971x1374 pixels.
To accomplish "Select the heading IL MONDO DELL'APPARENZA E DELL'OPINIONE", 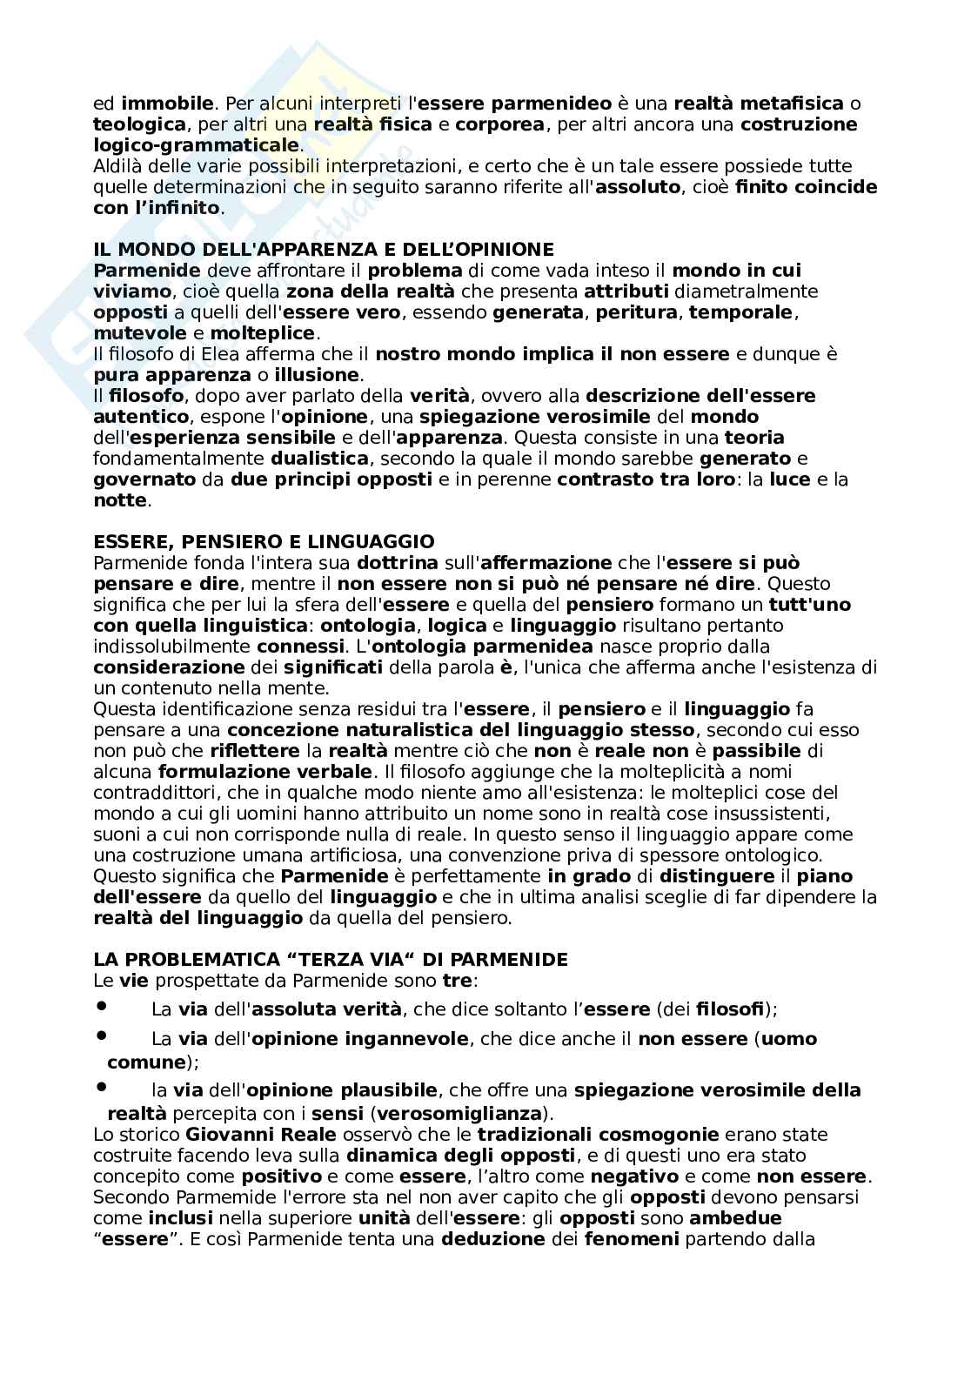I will (x=323, y=250).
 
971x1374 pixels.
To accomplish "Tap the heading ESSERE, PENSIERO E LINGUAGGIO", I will (x=264, y=542).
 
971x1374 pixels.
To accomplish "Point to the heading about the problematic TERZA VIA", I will (x=330, y=960).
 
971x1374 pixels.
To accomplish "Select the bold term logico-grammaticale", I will (x=196, y=145).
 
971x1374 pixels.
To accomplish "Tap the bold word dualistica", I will (x=316, y=459).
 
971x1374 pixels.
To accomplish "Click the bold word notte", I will (x=120, y=500).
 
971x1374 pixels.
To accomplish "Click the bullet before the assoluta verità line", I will (x=101, y=1006).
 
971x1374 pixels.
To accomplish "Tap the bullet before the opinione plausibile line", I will (x=101, y=1087).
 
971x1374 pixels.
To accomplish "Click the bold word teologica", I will (x=139, y=124).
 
